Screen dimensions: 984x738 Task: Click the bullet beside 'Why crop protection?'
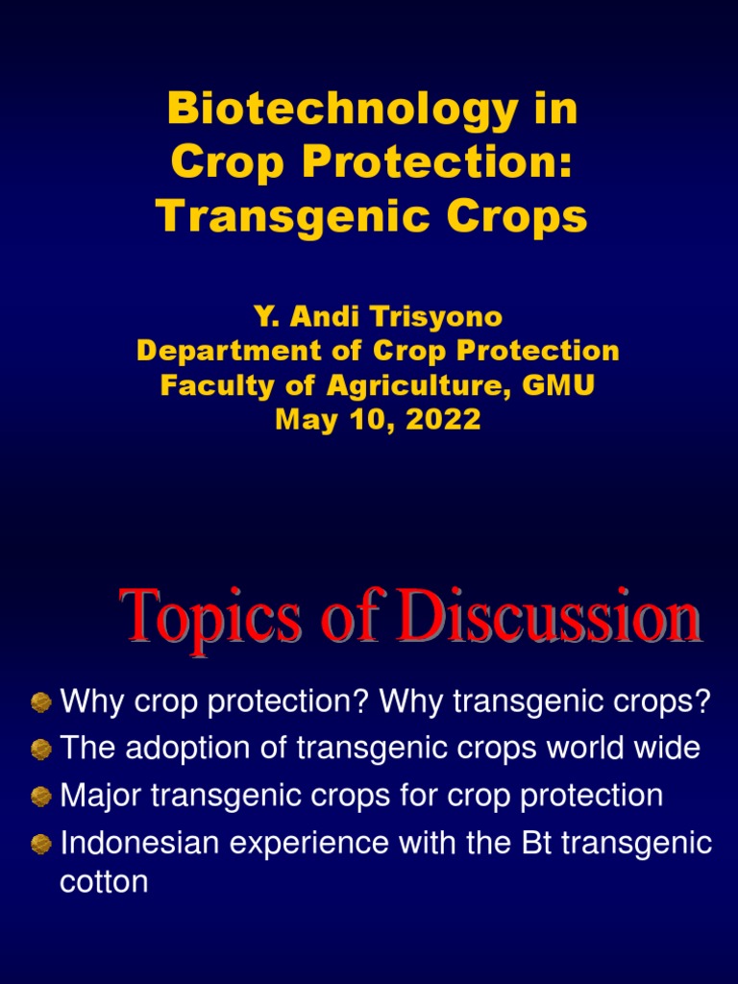[40, 702]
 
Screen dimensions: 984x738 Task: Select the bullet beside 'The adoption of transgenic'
[40, 750]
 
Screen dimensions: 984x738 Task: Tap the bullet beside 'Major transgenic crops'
[40, 797]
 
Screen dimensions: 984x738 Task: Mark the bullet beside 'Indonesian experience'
[40, 844]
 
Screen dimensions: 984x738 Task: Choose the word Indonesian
[138, 844]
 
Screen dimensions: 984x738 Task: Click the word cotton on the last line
[104, 881]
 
